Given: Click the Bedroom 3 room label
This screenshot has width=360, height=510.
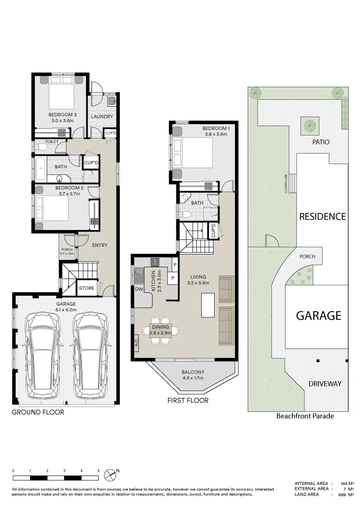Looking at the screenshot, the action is [x=62, y=115].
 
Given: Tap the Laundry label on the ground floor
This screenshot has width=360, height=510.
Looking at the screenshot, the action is [x=102, y=117].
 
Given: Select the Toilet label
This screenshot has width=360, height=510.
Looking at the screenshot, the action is [x=51, y=142].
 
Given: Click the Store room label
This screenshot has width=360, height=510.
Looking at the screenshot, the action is [x=86, y=288].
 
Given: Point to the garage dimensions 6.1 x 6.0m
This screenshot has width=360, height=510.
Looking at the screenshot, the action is [x=66, y=310].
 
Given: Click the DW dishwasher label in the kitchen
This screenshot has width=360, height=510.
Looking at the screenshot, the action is [x=139, y=289].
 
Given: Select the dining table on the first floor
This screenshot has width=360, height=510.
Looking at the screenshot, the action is [x=160, y=331].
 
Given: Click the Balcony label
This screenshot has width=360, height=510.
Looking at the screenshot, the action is [x=193, y=372].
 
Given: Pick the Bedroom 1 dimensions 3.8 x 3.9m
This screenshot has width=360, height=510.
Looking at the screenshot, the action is [x=216, y=134].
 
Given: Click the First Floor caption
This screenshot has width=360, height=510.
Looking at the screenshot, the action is [x=188, y=400].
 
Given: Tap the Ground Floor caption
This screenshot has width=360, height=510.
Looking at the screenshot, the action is [x=38, y=412].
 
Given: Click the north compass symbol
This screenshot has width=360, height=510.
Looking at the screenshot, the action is [x=110, y=475].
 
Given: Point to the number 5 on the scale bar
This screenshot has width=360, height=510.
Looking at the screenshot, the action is [x=98, y=471].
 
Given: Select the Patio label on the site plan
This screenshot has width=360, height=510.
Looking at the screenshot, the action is [x=321, y=142].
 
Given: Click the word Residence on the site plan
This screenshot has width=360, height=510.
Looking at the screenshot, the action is [x=322, y=217].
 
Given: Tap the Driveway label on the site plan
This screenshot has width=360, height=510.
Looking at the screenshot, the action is [x=325, y=384].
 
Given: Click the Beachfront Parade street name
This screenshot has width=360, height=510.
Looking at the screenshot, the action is [x=305, y=416].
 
